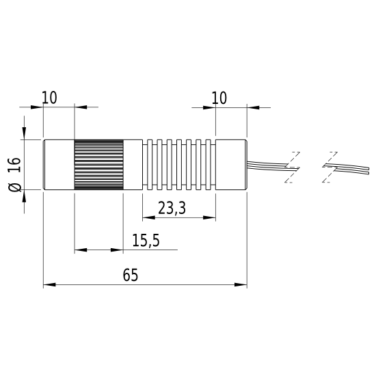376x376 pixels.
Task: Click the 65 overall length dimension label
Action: (x=131, y=275)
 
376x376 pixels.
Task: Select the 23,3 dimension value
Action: (x=172, y=208)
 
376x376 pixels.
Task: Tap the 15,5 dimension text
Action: (x=146, y=241)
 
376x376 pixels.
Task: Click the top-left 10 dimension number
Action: (x=50, y=98)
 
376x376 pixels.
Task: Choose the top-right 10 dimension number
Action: (x=219, y=98)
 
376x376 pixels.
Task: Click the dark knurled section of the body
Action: (x=99, y=165)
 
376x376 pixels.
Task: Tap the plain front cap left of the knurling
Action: (x=59, y=165)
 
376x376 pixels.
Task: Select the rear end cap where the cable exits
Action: (x=231, y=165)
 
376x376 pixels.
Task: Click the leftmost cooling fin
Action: (x=150, y=165)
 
